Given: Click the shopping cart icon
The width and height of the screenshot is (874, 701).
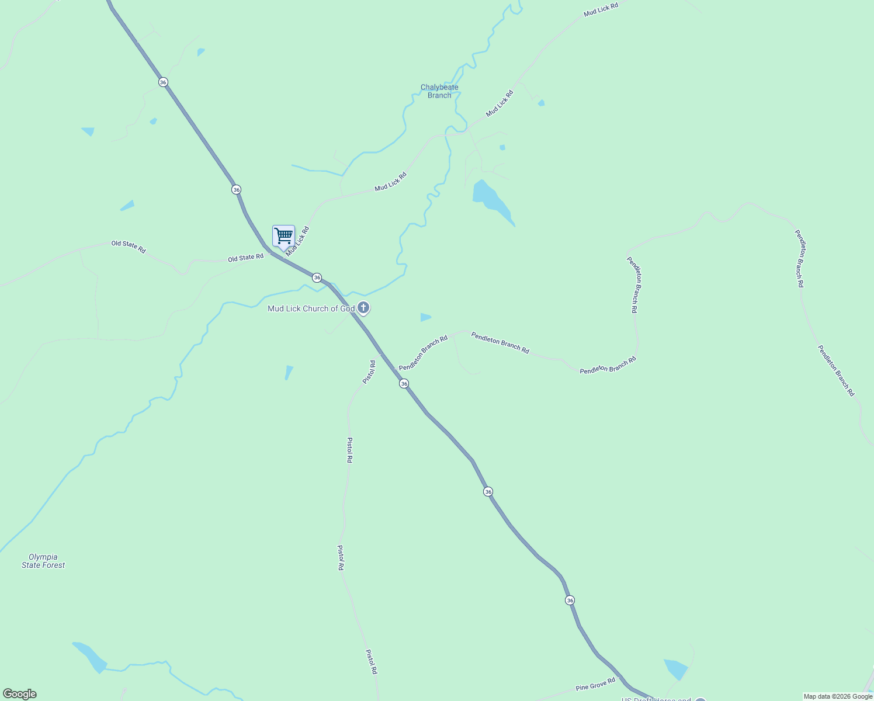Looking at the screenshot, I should coord(283,236).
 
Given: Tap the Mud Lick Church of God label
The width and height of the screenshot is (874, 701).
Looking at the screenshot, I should coord(311,308).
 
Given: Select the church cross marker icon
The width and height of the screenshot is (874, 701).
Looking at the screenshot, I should coord(363,307).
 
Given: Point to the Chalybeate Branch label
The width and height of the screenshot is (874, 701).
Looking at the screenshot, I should coord(439,91).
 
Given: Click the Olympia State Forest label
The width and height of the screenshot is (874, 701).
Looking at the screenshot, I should coord(43,561).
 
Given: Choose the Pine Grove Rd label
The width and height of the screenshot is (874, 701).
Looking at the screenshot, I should coord(595,684).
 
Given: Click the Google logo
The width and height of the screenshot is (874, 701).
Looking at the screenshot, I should coord(19,694).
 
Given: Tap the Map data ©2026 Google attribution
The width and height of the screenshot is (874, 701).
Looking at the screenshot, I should coord(837,696).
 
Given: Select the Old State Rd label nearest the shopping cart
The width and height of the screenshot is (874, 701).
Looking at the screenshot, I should coord(245,258).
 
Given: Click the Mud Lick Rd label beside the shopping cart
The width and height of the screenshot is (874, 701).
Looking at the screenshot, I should coord(297,241).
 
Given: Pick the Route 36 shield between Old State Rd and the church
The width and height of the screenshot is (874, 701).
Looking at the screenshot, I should coord(317,277).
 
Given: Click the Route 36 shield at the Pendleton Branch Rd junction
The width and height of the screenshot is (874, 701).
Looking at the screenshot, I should coord(404,384).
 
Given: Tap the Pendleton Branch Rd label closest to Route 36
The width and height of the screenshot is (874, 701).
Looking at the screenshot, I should coord(423,353).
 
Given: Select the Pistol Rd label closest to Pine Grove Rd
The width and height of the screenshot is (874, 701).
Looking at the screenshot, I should coord(372,662).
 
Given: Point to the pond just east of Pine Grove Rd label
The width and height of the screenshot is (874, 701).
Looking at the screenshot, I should coord(677,668).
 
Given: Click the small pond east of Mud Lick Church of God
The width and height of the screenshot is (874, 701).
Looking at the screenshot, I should coord(425,317).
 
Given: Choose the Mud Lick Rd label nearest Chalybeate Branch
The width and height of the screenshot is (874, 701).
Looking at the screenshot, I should coord(500,103).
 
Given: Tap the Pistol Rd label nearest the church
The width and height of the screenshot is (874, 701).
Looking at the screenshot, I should coord(369,372).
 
